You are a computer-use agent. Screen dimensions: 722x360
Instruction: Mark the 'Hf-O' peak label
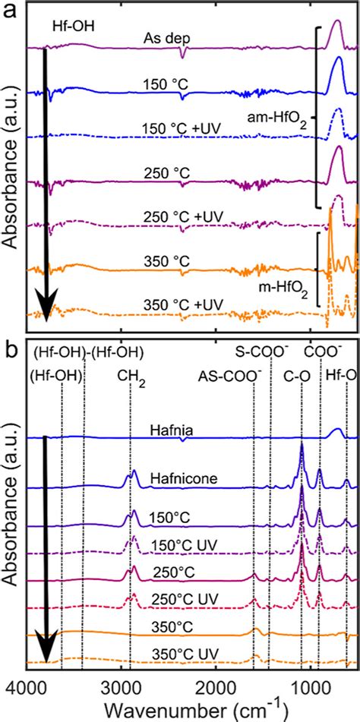click(339, 375)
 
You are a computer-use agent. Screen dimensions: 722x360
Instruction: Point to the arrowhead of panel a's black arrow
click(46, 313)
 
